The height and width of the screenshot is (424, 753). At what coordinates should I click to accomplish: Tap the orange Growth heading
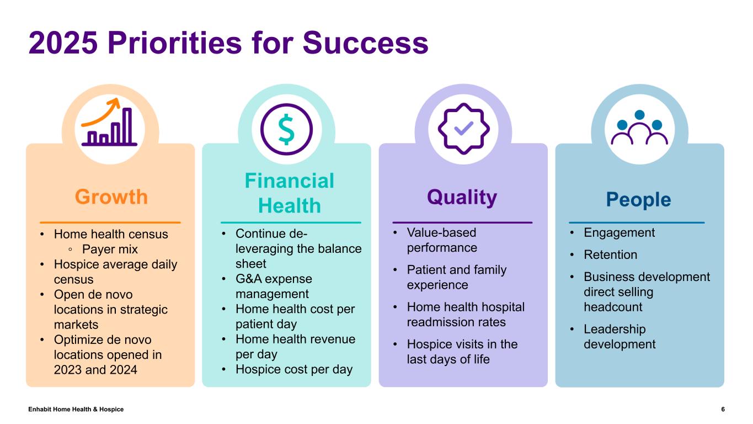click(x=111, y=197)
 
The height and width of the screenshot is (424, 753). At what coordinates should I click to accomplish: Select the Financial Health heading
click(x=289, y=193)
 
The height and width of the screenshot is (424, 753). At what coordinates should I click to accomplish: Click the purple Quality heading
click(x=462, y=197)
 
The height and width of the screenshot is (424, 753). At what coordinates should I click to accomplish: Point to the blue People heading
click(x=638, y=199)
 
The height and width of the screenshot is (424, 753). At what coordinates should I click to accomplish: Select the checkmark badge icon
click(x=463, y=129)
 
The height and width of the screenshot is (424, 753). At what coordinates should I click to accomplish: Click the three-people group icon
click(x=639, y=128)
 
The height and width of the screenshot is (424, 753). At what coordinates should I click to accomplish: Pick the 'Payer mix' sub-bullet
click(x=109, y=249)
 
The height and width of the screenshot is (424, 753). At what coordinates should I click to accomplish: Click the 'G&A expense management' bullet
click(x=273, y=287)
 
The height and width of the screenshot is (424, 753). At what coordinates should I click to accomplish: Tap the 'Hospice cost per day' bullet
click(x=293, y=369)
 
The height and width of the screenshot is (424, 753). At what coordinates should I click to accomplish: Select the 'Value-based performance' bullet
click(x=441, y=240)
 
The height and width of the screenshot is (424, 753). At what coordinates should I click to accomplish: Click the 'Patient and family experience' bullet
click(x=456, y=277)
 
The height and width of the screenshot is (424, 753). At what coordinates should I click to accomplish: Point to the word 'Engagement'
click(x=619, y=232)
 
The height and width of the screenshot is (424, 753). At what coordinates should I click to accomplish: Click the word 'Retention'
click(x=610, y=255)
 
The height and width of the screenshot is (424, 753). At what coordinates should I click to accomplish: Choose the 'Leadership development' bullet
click(x=619, y=337)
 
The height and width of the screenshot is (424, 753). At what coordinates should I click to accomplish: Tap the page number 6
click(x=723, y=409)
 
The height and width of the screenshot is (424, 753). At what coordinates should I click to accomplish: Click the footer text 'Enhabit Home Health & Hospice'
click(x=76, y=409)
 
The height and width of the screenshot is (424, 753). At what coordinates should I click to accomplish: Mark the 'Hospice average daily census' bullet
click(x=115, y=272)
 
